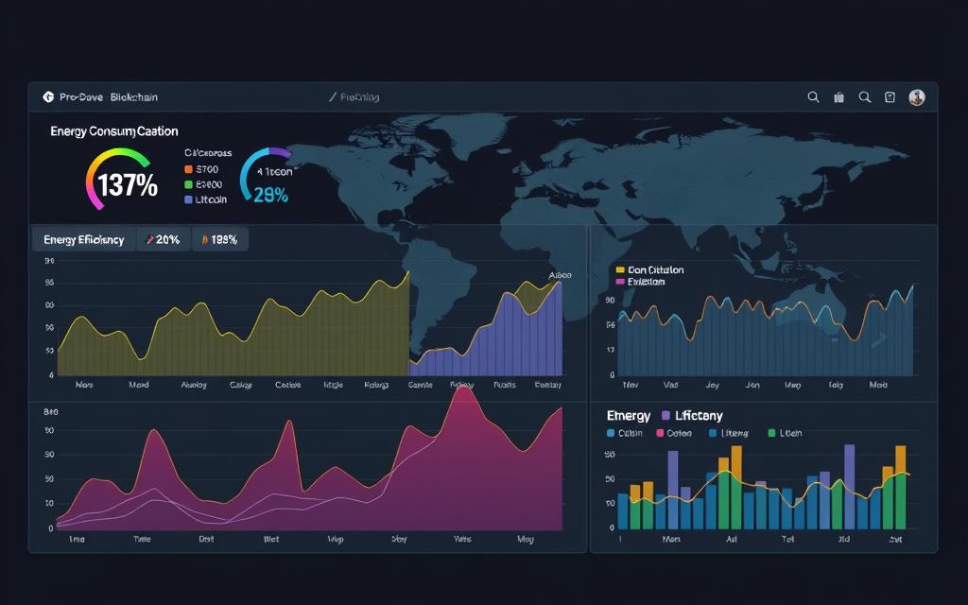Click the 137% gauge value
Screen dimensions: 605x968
127,185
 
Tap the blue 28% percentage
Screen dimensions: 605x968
271,196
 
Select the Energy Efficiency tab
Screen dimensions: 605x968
83,240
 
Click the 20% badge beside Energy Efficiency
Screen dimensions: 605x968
163,240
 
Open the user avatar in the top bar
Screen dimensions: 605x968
916,96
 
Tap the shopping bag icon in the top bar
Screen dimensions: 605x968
838,96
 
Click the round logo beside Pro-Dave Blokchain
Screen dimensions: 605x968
48,96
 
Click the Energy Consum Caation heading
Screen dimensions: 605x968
113,131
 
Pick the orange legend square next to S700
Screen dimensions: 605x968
188,170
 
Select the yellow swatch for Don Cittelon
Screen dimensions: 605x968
620,270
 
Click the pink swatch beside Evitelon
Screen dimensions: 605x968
620,282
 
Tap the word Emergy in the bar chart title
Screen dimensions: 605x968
628,416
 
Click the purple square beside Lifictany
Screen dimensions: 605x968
666,416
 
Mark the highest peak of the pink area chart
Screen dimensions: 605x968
463,389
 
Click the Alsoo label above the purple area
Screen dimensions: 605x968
560,276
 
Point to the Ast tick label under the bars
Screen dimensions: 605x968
730,539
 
